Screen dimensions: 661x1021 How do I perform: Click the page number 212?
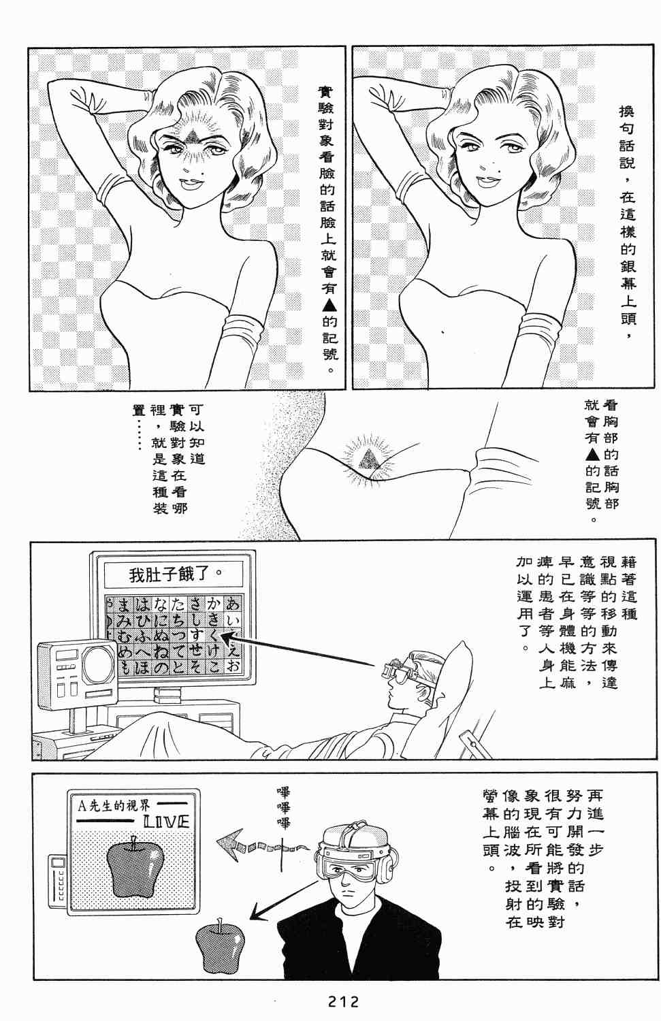pyautogui.click(x=343, y=1001)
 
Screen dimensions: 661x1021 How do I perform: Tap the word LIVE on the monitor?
pyautogui.click(x=166, y=821)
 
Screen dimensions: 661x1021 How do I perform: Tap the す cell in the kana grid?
pyautogui.click(x=197, y=635)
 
